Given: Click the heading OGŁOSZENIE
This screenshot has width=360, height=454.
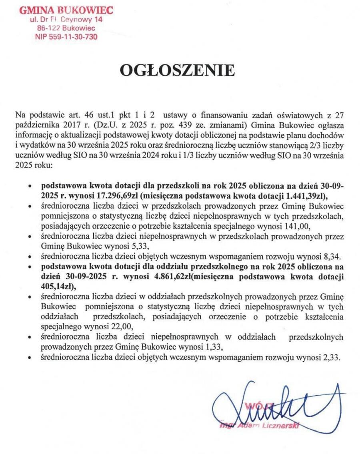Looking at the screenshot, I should tap(178, 70).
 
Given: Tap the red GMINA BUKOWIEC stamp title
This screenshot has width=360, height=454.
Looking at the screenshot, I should tap(66, 10).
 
